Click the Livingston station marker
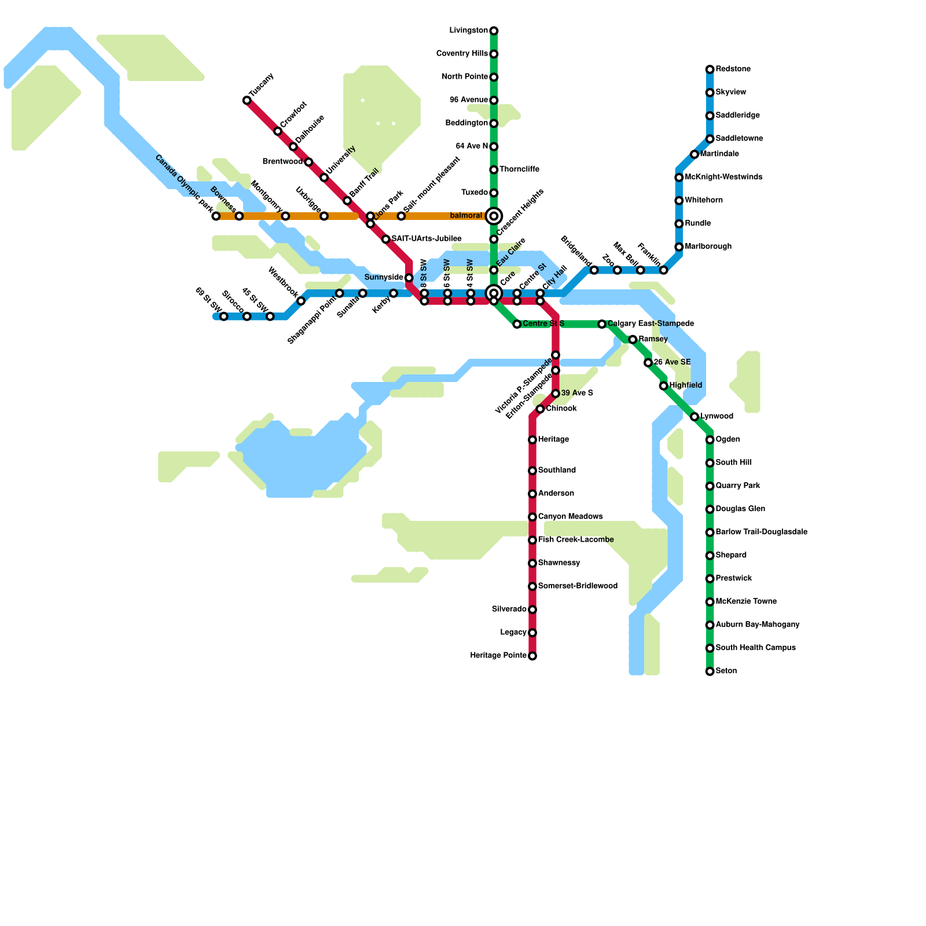click(x=494, y=31)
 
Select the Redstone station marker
click(x=710, y=69)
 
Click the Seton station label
click(x=726, y=671)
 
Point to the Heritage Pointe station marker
click(x=532, y=656)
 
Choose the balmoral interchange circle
click(x=494, y=216)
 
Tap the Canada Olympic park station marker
click(x=216, y=216)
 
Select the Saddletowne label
click(x=739, y=139)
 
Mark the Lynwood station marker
click(x=694, y=417)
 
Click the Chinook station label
click(x=561, y=409)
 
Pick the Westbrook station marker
click(x=301, y=301)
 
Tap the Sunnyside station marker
click(x=409, y=278)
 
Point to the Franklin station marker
click(x=663, y=270)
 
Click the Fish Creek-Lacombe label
click(x=575, y=540)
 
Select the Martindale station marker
click(x=694, y=154)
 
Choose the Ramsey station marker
click(x=633, y=339)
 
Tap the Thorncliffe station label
click(x=519, y=170)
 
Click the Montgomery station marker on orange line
click(x=285, y=216)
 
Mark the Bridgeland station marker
click(x=594, y=270)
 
